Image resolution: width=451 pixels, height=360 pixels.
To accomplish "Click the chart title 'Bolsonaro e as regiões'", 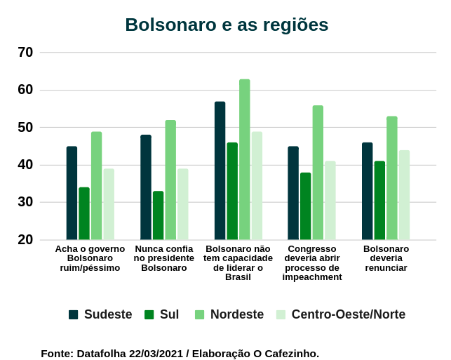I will (x=227, y=25).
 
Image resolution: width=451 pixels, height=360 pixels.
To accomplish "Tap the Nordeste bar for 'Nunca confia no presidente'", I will (x=170, y=180).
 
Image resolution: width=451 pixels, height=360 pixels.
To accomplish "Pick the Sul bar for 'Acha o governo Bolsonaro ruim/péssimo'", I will (x=84, y=213).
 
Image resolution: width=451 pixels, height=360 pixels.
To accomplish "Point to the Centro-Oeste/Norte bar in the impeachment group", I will (x=330, y=200).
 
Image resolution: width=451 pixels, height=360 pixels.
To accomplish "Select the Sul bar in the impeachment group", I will (x=305, y=206).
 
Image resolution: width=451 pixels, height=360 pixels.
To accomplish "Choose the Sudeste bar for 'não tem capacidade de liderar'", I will (x=220, y=171).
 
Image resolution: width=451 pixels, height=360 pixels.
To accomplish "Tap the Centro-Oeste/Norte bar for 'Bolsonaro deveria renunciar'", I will (x=404, y=194).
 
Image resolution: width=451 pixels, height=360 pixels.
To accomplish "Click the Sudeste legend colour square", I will (x=73, y=314).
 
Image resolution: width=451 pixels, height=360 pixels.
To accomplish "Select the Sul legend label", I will (x=169, y=314).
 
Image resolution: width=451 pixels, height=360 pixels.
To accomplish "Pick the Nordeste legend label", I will (x=236, y=314).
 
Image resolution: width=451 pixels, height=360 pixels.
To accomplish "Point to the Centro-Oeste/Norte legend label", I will (x=348, y=314).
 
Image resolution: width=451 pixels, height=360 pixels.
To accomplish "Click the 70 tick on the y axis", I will (x=25, y=52).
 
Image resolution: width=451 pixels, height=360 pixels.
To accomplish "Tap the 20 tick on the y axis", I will (x=25, y=239).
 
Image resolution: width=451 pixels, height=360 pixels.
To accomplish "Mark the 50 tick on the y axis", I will (x=25, y=127).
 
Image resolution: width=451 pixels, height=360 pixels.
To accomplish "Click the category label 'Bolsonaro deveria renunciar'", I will (x=386, y=258).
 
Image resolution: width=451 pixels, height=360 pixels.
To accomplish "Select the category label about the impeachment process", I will (x=312, y=262).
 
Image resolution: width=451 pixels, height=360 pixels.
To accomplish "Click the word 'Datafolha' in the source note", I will (x=100, y=353).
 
